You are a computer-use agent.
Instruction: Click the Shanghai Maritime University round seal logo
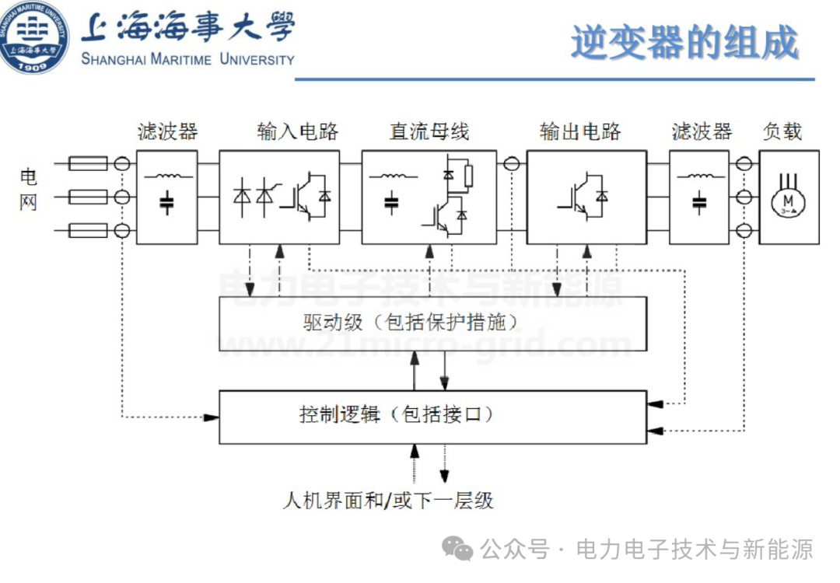[33, 37]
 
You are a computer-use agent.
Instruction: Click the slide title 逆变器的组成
[684, 42]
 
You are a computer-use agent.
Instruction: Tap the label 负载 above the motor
[782, 131]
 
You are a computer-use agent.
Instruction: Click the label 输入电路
[298, 131]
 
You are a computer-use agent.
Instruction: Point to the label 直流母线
[429, 131]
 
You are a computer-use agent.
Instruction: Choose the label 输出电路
[580, 131]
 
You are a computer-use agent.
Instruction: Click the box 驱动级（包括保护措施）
[432, 323]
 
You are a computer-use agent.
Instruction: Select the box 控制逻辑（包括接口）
[432, 416]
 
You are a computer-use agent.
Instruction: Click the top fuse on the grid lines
[88, 164]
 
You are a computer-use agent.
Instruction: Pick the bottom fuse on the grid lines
[88, 230]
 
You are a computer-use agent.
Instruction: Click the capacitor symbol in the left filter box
[166, 204]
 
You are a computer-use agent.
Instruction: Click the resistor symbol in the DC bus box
[468, 176]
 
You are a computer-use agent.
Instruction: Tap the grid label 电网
[28, 190]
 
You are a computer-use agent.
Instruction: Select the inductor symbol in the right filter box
[698, 175]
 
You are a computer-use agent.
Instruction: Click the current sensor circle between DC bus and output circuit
[511, 164]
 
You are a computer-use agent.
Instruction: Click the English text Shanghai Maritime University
[188, 59]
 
